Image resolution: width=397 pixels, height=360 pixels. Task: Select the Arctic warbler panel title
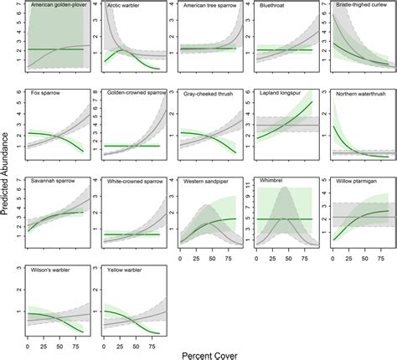124,6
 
